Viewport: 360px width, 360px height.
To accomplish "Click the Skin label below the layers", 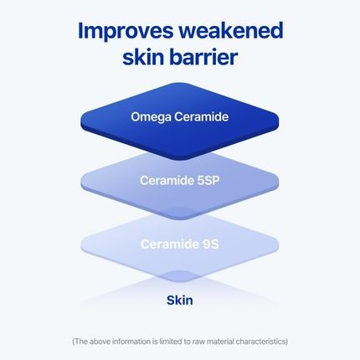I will click(180, 299).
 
